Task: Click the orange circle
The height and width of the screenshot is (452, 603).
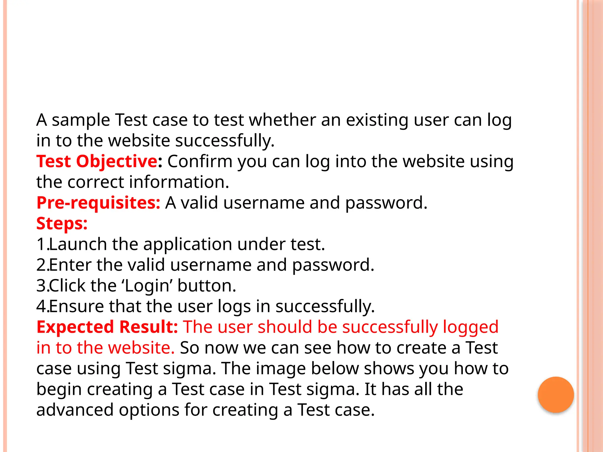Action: [556, 395]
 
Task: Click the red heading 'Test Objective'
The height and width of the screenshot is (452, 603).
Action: [97, 161]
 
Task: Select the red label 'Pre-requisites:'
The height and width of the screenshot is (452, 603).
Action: [98, 203]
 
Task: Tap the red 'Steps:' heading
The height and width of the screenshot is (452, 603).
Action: [62, 223]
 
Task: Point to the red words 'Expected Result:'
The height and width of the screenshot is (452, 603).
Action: [107, 327]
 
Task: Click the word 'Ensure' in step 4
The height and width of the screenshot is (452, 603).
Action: [77, 306]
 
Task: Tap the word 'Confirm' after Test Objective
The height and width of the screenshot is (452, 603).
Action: [200, 161]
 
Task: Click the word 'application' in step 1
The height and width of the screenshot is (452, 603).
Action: [188, 245]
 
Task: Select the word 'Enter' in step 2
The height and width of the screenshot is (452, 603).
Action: [70, 265]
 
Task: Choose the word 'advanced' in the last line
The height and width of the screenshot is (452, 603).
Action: [75, 410]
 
